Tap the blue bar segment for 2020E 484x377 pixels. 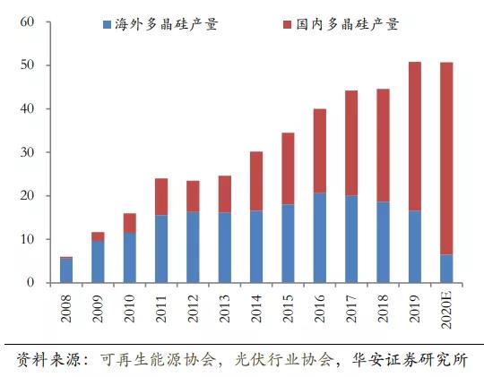pos(447,269)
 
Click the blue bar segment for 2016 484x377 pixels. pos(320,238)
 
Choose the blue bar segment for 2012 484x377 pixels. pos(193,247)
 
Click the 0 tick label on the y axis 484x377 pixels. pos(29,283)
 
